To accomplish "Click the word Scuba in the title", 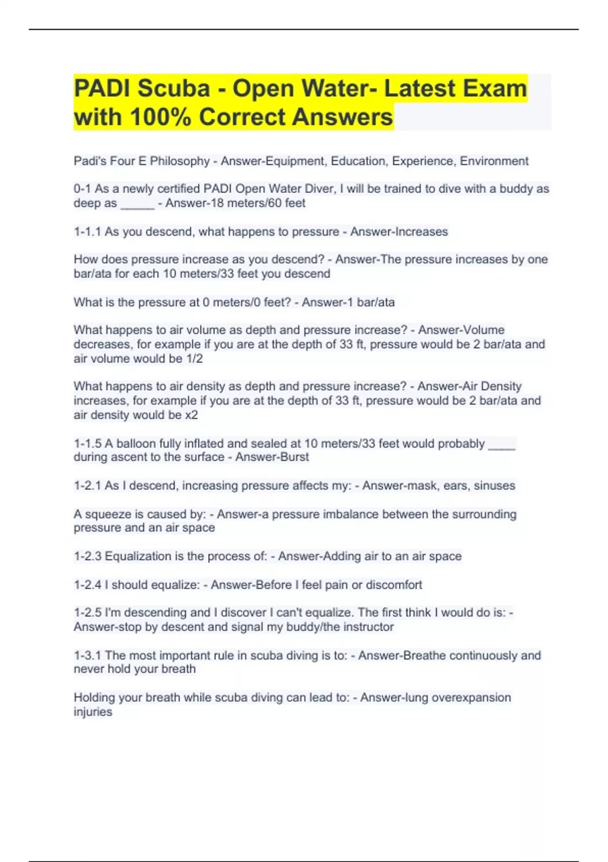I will [x=173, y=88].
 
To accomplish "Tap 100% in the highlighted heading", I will [x=161, y=117].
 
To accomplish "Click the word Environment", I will [x=493, y=161].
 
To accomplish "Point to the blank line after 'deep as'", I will [x=137, y=204].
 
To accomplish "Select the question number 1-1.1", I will [x=87, y=232].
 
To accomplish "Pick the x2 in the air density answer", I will [x=191, y=415].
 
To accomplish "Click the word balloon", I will [x=136, y=444].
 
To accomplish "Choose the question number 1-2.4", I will [x=87, y=585].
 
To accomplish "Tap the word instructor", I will [x=368, y=627].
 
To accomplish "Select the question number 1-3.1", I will [x=87, y=655].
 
